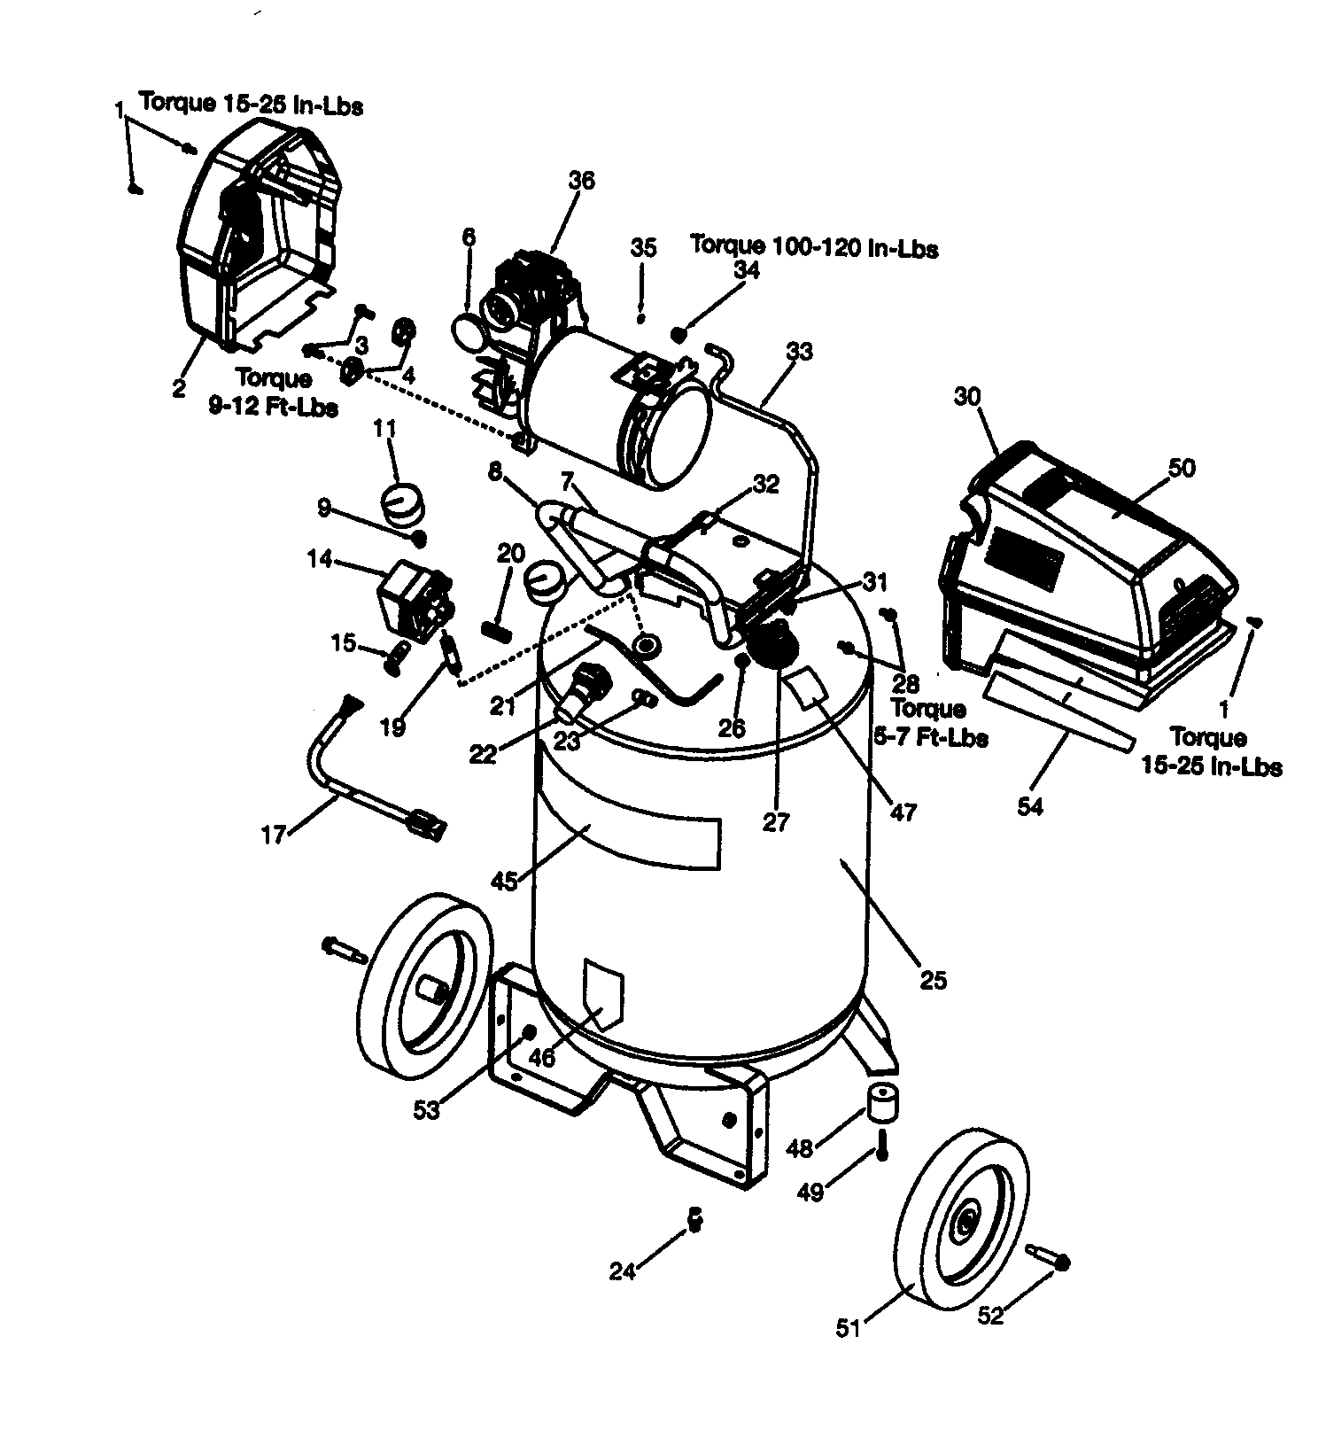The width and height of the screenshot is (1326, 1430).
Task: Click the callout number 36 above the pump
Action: pyautogui.click(x=581, y=181)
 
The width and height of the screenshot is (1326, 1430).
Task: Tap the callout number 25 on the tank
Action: pyautogui.click(x=934, y=979)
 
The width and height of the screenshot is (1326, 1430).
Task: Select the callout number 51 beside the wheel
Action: pyautogui.click(x=849, y=1328)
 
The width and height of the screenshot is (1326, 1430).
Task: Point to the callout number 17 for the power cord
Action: pyautogui.click(x=274, y=835)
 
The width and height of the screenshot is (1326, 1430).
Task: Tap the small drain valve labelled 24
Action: pyautogui.click(x=695, y=1219)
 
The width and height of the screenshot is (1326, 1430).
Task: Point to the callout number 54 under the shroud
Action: pyautogui.click(x=1029, y=806)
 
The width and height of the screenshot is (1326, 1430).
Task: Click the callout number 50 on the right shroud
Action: pyautogui.click(x=1182, y=468)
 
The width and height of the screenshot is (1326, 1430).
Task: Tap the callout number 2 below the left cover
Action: pyautogui.click(x=179, y=387)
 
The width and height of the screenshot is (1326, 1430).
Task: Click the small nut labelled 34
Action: pyautogui.click(x=679, y=334)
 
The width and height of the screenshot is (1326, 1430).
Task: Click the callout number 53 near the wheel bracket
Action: pyautogui.click(x=426, y=1109)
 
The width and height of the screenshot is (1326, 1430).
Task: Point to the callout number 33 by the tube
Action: pyautogui.click(x=798, y=352)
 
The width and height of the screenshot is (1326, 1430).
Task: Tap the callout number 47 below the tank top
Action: pyautogui.click(x=903, y=811)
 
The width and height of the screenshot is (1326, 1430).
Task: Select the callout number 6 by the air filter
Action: pyautogui.click(x=469, y=237)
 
